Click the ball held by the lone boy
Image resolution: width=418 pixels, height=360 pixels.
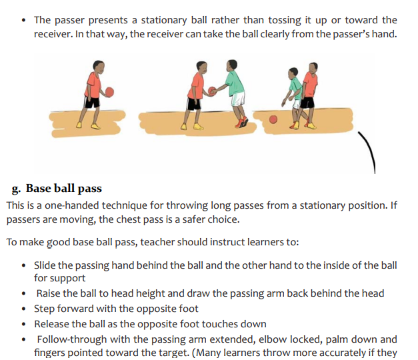point(109,92)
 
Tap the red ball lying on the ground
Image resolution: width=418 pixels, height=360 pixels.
point(273,119)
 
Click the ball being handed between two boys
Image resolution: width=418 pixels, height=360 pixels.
point(212,91)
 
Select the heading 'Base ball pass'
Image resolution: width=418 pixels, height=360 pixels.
point(64,188)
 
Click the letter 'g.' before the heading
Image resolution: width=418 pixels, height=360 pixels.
point(16,189)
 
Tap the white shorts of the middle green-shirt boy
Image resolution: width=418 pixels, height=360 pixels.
point(237,99)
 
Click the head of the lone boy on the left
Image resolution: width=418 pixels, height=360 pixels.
point(98,67)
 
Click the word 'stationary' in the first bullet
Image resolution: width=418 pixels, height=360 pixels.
point(164,20)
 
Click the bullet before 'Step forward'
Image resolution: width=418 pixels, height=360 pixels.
point(24,309)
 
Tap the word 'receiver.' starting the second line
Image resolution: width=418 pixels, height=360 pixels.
point(53,34)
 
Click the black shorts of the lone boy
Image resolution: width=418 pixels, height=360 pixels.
point(92,102)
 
